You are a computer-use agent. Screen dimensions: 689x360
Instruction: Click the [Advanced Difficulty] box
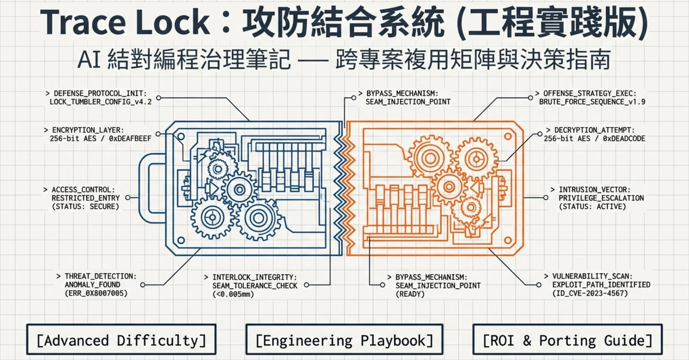(121, 339)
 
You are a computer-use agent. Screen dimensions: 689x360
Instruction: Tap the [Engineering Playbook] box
(344, 339)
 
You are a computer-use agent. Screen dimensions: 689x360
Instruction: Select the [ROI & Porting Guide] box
(567, 339)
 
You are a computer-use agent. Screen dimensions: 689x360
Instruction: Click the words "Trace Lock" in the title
(125, 22)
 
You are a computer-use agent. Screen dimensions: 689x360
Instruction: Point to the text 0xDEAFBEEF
(130, 139)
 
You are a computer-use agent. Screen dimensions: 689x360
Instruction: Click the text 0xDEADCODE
(624, 139)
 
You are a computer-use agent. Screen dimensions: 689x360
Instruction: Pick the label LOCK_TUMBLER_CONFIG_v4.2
(100, 102)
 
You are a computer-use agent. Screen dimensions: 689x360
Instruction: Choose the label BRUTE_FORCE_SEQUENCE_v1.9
(592, 102)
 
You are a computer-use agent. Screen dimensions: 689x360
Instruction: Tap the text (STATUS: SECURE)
(85, 207)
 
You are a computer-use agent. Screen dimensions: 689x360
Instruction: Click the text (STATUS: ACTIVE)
(593, 207)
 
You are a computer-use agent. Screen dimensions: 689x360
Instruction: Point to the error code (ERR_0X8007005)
(96, 293)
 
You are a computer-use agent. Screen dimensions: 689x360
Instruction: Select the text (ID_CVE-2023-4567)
(590, 293)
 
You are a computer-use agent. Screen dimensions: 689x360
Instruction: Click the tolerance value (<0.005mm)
(233, 295)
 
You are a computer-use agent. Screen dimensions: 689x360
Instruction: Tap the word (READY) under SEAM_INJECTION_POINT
(410, 295)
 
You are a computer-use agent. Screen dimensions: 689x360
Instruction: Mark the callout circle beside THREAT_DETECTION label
(142, 285)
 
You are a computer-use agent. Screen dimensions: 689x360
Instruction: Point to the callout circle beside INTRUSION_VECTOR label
(545, 198)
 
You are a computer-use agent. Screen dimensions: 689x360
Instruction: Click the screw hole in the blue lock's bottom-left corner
(181, 241)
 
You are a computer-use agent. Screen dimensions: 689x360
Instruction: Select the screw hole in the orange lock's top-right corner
(508, 136)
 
